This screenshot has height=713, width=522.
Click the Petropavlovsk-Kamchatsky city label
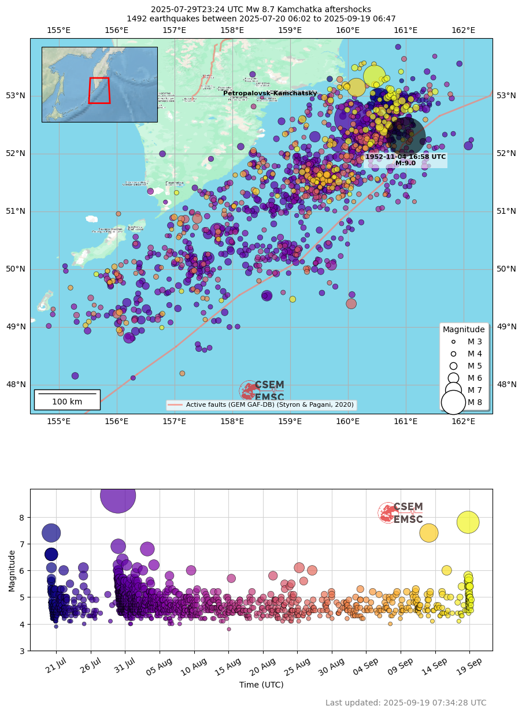click(x=270, y=93)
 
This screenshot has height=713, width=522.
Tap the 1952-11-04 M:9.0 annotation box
click(x=405, y=159)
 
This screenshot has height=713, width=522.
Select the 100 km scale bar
click(x=67, y=399)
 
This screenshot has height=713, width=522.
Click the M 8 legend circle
click(x=453, y=402)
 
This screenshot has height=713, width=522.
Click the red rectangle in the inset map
click(x=99, y=90)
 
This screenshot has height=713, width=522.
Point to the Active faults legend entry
click(x=261, y=405)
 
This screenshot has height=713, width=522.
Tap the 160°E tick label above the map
click(x=347, y=30)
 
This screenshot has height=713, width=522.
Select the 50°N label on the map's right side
click(x=506, y=269)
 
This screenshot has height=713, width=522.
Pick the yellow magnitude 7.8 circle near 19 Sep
click(x=468, y=522)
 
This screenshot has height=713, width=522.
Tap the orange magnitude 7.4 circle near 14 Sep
click(x=428, y=533)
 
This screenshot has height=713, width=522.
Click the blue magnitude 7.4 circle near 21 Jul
click(x=51, y=533)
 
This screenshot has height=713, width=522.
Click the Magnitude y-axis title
click(x=12, y=570)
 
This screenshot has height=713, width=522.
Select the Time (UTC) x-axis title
click(x=261, y=685)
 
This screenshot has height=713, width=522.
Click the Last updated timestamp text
click(x=406, y=703)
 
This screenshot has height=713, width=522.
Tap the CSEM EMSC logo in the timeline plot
click(x=401, y=513)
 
